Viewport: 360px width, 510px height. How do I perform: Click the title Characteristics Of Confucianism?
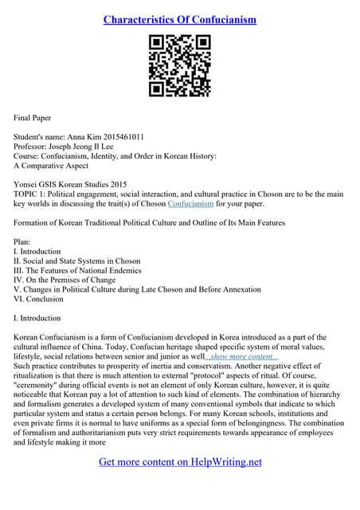tap(179, 19)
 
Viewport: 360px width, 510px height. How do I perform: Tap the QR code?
tap(179, 66)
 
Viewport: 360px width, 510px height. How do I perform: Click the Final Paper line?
tap(33, 117)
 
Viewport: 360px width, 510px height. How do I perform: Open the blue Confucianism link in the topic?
tap(190, 203)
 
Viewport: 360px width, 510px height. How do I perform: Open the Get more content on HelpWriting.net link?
tap(180, 461)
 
